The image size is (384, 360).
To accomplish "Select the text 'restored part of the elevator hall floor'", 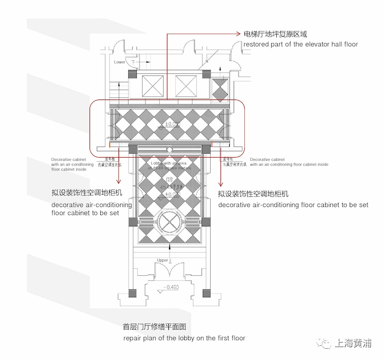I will pos(300,45).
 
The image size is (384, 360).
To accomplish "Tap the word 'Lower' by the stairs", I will pos(120,62).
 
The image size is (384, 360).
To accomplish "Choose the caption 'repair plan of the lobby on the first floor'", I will pos(184,338).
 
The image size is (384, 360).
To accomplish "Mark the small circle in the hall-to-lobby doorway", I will pos(169,149).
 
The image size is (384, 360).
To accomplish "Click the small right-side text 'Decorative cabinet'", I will pos(267,160).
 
